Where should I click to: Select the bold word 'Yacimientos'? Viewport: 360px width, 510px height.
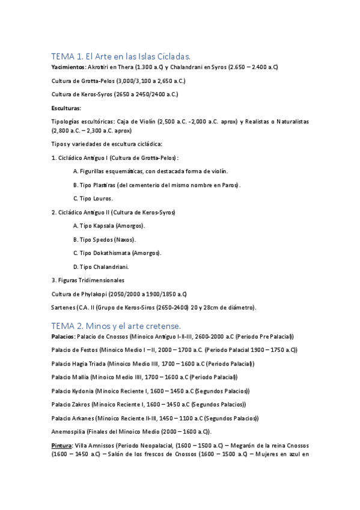click(x=68, y=66)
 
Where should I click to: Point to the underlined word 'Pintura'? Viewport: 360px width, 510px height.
click(x=62, y=446)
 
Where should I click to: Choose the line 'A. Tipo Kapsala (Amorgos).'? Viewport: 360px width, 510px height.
click(x=109, y=226)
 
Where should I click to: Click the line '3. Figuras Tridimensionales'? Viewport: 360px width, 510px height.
click(x=88, y=280)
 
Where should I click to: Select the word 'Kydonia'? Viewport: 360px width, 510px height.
click(x=84, y=391)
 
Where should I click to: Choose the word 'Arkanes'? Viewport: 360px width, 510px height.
click(x=83, y=418)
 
